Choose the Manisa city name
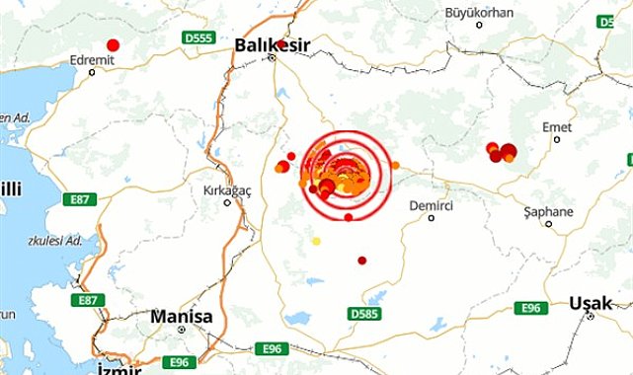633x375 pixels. [180, 317]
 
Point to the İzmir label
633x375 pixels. [115, 367]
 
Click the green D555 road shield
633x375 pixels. [198, 37]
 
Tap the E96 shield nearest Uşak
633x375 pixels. [530, 308]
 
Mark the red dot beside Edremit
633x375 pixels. [114, 44]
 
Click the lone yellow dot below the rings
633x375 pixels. [316, 241]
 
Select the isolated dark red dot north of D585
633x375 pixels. [362, 261]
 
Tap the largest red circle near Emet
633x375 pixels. [509, 151]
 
